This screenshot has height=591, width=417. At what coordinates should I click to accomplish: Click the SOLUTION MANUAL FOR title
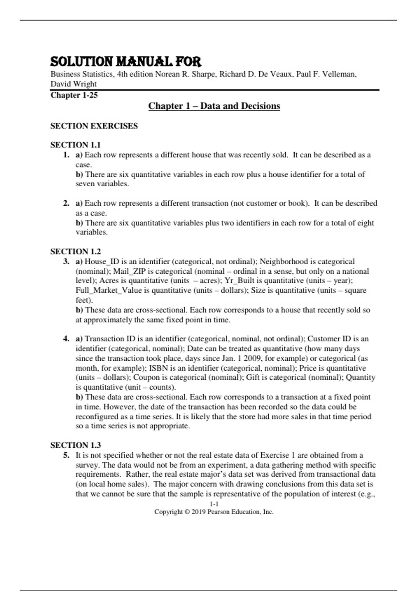[x=126, y=62]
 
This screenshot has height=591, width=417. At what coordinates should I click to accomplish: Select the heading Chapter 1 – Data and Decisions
[x=214, y=106]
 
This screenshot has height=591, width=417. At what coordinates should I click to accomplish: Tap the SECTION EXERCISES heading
[x=94, y=126]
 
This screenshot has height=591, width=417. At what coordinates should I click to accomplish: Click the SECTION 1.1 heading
[x=75, y=145]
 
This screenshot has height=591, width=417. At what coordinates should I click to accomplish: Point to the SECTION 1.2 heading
[x=75, y=251]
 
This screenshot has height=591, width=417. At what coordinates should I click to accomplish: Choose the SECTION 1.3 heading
[x=75, y=445]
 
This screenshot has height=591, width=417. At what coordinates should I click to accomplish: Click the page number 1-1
[x=214, y=504]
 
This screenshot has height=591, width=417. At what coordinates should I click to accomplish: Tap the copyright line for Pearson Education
[x=214, y=512]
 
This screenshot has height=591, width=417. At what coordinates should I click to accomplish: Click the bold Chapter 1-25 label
[x=74, y=95]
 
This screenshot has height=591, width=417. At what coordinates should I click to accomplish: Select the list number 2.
[x=66, y=203]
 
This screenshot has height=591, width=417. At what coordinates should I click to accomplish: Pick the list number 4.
[x=66, y=339]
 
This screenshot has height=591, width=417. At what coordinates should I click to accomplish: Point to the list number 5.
[x=66, y=455]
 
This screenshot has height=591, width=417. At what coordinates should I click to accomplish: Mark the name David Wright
[x=74, y=84]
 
